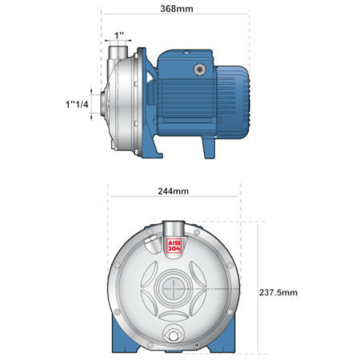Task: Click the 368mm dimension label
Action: click(177, 9)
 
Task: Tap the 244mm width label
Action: click(174, 191)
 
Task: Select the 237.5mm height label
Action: click(278, 293)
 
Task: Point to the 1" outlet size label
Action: click(119, 35)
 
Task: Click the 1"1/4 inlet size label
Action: click(77, 104)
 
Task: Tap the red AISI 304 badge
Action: click(174, 246)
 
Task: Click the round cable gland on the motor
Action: click(199, 70)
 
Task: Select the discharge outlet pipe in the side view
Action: click(118, 53)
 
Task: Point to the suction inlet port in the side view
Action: click(103, 103)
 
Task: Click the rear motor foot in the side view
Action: click(209, 147)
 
